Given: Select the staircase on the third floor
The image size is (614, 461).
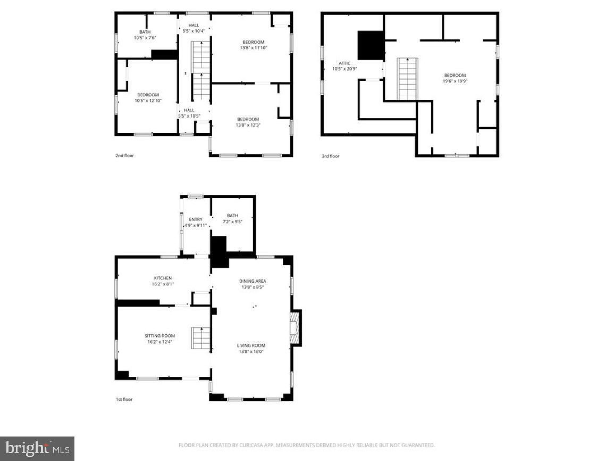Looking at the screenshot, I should click(408, 79).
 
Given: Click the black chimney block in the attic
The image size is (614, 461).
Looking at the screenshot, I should click(371, 45).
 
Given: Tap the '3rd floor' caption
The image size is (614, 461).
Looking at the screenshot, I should click(330, 156).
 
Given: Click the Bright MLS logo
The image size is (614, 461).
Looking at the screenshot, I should click(37, 449).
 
